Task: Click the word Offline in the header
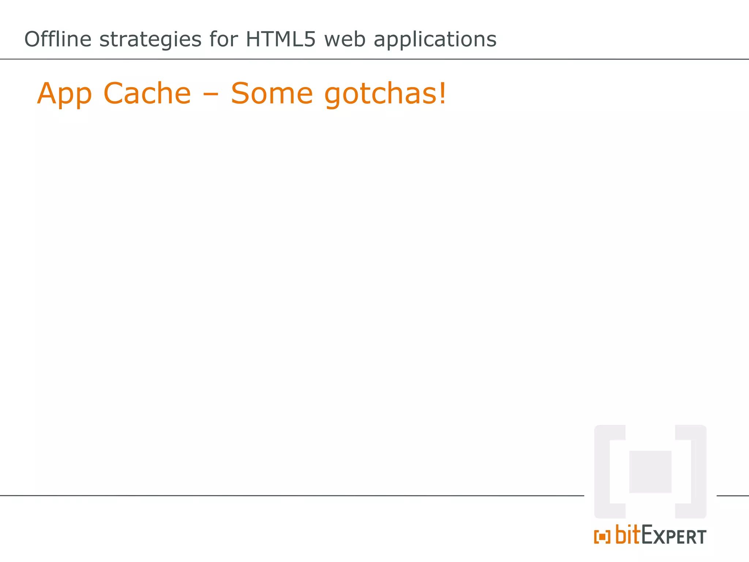tap(58, 39)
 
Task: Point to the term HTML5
tap(280, 39)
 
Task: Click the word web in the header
tap(345, 40)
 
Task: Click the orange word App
tap(64, 94)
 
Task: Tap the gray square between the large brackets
tap(650, 472)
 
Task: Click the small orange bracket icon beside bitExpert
tap(602, 537)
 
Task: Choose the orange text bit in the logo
tap(628, 535)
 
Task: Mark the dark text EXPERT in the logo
tap(674, 536)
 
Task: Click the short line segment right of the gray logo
tap(733, 496)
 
